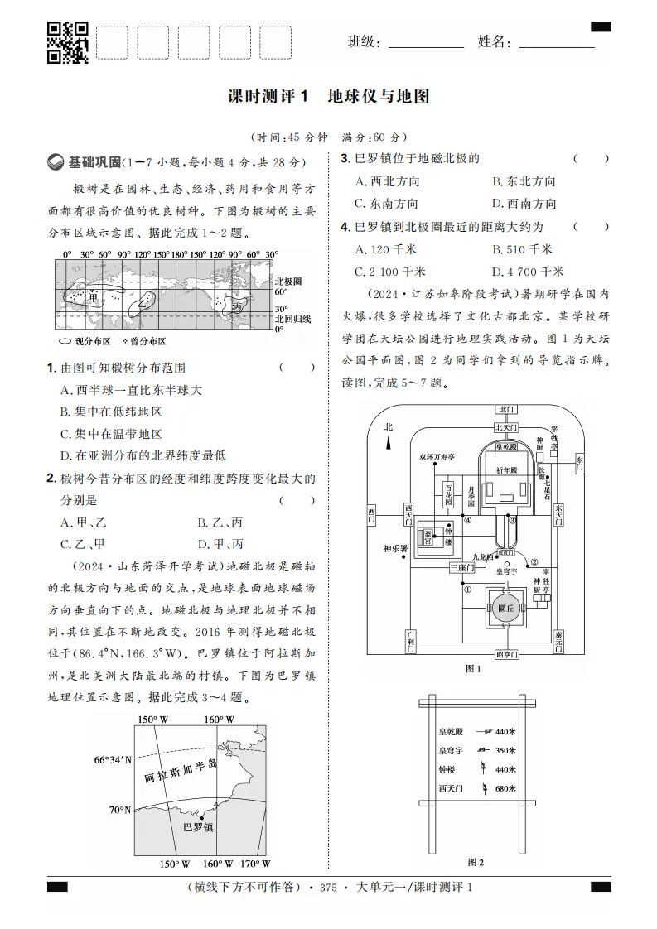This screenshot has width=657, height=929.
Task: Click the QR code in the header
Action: click(x=66, y=41)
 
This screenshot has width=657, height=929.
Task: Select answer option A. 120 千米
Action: click(x=384, y=249)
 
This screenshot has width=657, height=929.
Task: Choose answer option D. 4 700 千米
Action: click(x=527, y=272)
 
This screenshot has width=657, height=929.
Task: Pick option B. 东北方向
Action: click(x=524, y=181)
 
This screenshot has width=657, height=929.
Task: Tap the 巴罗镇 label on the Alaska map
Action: click(x=198, y=826)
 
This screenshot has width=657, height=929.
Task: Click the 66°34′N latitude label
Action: click(x=112, y=759)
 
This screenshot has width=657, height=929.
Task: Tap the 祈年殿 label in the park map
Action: click(x=506, y=469)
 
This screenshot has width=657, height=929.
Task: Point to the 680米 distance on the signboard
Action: click(x=505, y=788)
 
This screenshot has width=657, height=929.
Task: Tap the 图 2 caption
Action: click(x=476, y=862)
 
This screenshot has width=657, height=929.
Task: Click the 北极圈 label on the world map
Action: click(x=287, y=282)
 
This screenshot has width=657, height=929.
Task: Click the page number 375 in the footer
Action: click(x=330, y=888)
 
